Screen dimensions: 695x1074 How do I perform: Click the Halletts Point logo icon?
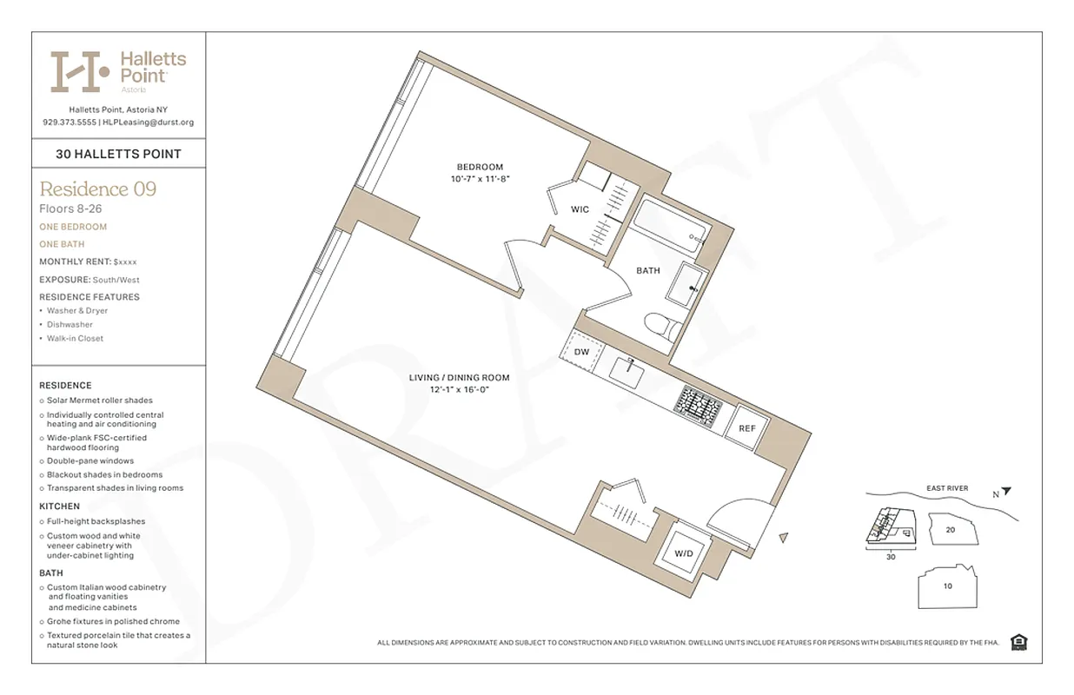click(80, 71)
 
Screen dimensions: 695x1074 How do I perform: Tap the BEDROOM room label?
click(480, 167)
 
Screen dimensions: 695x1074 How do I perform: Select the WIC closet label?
click(580, 209)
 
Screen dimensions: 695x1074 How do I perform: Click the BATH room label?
click(647, 271)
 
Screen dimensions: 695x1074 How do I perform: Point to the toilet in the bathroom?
click(663, 327)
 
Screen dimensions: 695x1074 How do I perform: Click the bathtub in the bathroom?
click(670, 222)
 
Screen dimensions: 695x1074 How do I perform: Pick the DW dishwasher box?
click(582, 352)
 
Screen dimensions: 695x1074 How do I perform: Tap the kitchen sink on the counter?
click(627, 373)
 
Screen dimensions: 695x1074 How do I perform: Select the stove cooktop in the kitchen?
click(699, 404)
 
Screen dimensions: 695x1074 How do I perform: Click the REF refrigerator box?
click(747, 428)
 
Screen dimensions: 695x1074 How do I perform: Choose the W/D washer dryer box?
click(683, 553)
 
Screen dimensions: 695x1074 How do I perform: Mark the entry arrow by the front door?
click(785, 539)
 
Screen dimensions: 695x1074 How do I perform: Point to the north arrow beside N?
click(1006, 492)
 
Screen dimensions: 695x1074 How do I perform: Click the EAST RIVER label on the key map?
click(946, 488)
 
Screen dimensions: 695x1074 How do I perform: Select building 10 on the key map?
click(947, 586)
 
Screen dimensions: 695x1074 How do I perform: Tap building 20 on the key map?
click(951, 529)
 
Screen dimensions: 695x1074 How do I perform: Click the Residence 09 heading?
click(98, 189)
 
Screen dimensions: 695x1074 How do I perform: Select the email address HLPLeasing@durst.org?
click(149, 122)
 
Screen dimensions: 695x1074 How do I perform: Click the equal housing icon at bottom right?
click(1019, 642)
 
